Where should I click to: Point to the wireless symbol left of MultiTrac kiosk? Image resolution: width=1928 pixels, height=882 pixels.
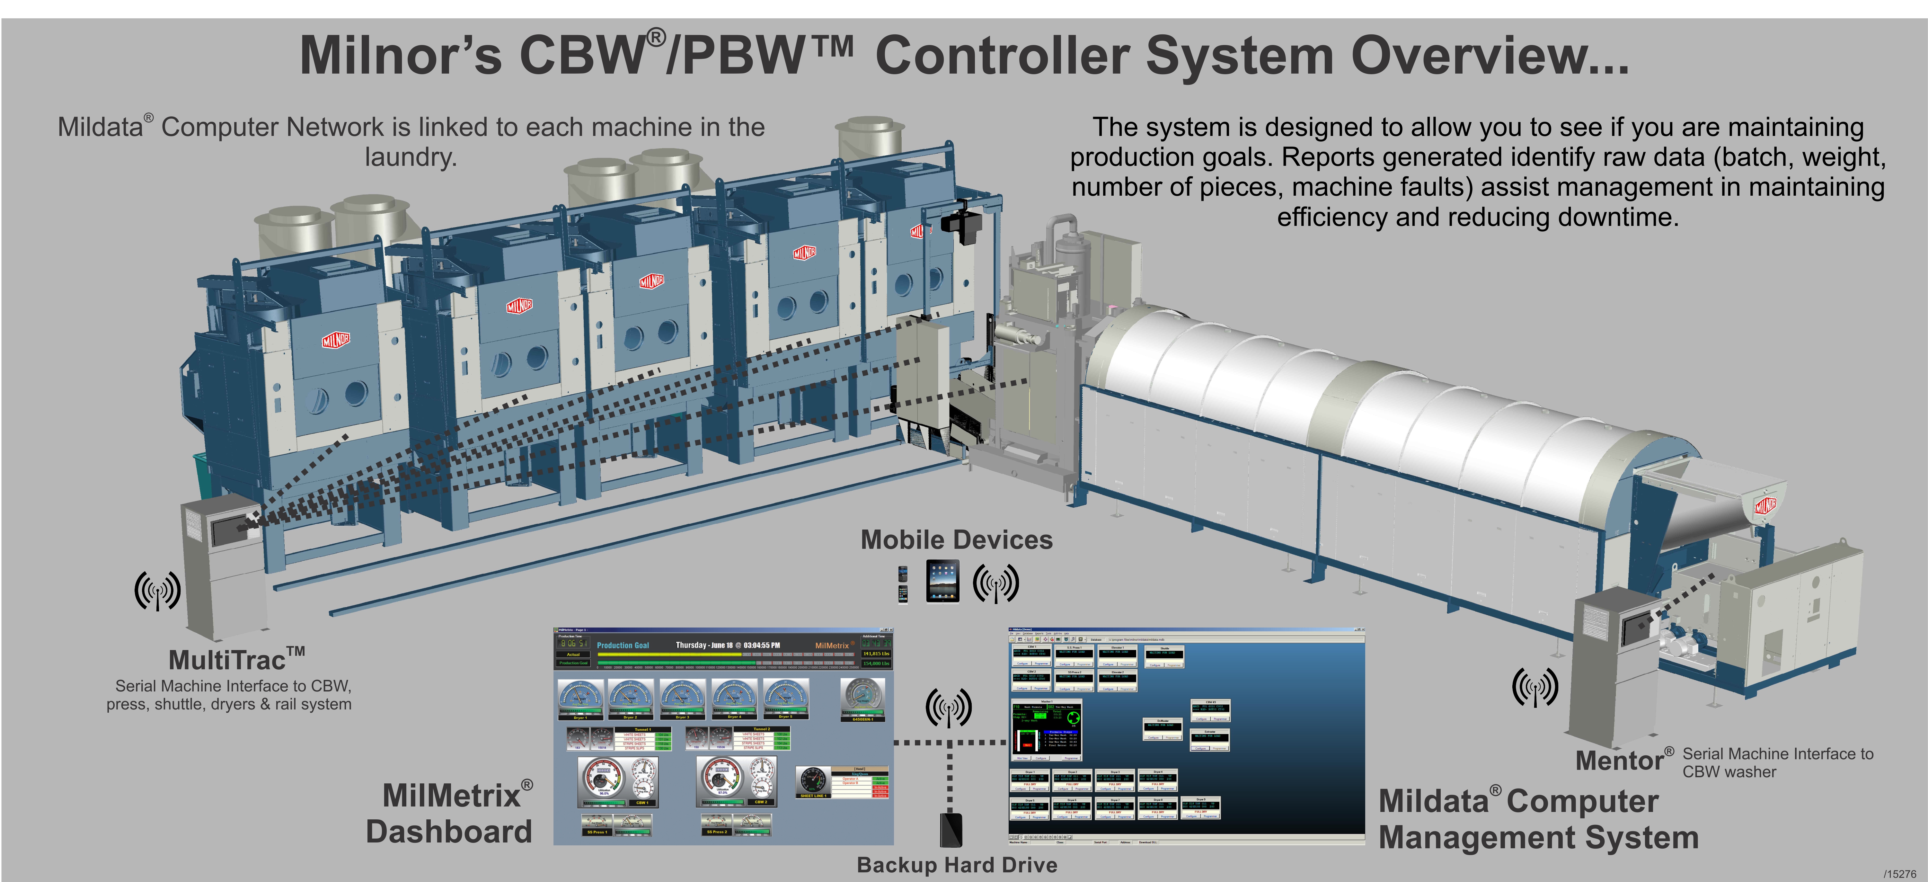[157, 590]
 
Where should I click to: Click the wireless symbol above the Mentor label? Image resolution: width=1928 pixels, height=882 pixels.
[1535, 687]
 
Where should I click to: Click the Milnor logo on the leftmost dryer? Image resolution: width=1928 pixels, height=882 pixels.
[336, 341]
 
